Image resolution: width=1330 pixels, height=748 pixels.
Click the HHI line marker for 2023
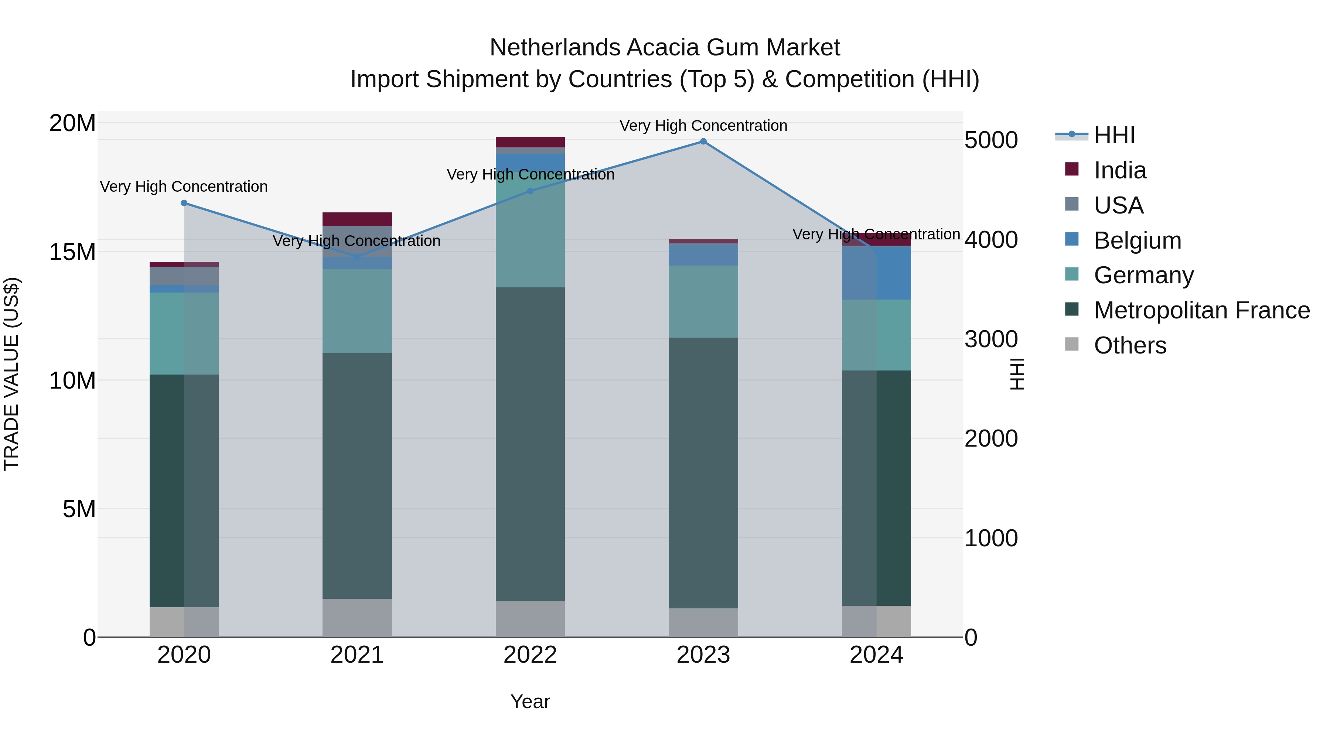point(703,141)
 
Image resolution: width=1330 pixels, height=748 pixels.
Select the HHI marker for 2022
point(530,191)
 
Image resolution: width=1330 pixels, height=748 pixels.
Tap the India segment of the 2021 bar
point(357,219)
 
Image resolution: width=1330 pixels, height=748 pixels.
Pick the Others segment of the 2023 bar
point(703,622)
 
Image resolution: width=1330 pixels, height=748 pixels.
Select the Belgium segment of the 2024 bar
point(876,273)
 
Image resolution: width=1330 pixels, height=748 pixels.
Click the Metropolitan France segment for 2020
point(184,491)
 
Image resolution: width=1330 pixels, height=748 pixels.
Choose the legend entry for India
point(1119,170)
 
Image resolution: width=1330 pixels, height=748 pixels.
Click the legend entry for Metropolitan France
point(1201,310)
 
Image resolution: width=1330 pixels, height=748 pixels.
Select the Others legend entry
point(1130,345)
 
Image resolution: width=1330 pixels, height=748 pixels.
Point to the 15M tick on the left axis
point(72,252)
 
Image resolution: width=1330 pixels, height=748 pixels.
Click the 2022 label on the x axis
point(530,655)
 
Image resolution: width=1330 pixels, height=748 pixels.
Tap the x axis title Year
point(530,701)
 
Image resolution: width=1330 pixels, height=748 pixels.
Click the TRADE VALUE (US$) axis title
point(11,374)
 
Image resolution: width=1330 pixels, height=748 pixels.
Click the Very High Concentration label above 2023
point(703,126)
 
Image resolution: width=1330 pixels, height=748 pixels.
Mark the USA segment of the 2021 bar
point(357,242)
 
